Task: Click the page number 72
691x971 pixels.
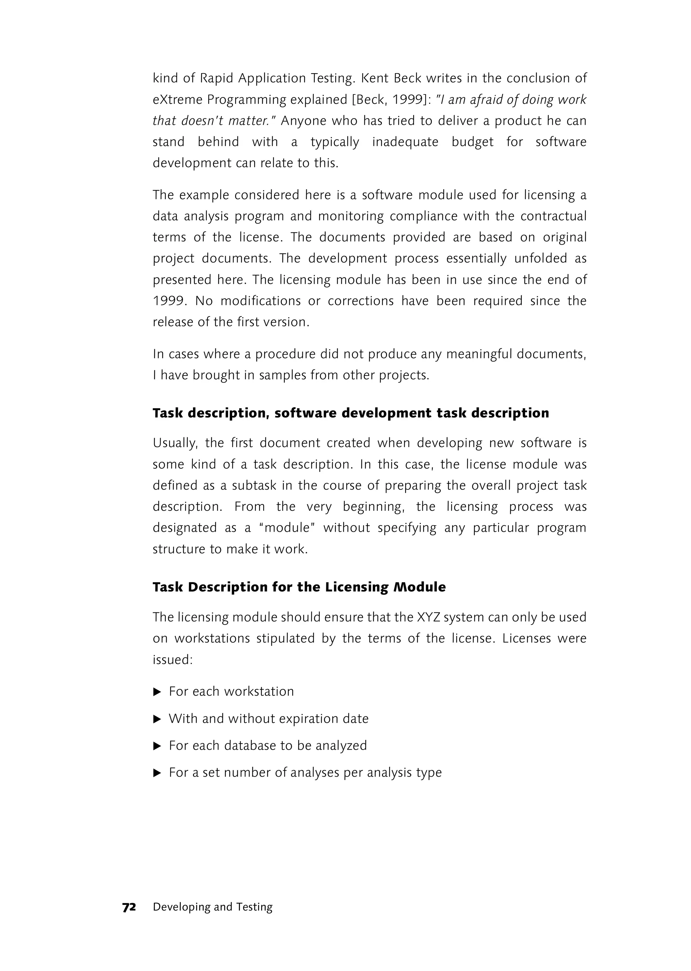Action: (x=129, y=907)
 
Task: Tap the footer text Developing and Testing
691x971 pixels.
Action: (x=212, y=907)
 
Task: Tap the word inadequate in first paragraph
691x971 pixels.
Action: (x=405, y=142)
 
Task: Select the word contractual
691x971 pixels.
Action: (x=553, y=216)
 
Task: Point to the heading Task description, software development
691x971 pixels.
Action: (x=351, y=413)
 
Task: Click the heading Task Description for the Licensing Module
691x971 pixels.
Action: (x=299, y=587)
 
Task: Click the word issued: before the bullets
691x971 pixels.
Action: (x=173, y=660)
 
